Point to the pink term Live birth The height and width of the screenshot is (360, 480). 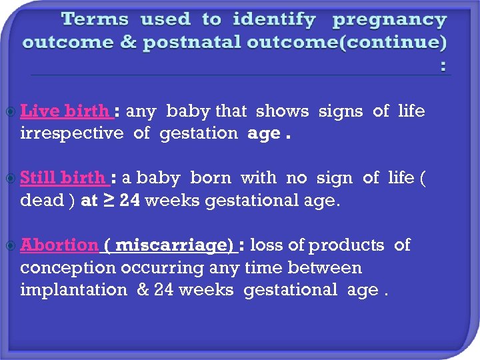point(65,111)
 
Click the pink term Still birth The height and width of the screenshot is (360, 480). point(63,178)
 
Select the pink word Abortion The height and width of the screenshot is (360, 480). point(59,245)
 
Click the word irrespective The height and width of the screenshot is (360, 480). point(72,133)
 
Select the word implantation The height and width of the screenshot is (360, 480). point(74,289)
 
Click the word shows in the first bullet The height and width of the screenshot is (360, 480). point(282,111)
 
